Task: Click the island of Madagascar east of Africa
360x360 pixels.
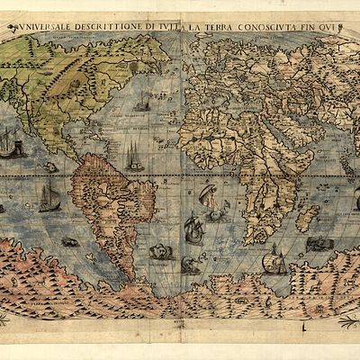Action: pyautogui.click(x=309, y=217)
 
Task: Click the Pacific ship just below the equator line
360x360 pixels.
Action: pyautogui.click(x=49, y=198)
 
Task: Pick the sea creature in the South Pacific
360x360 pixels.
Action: pyautogui.click(x=70, y=241)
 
